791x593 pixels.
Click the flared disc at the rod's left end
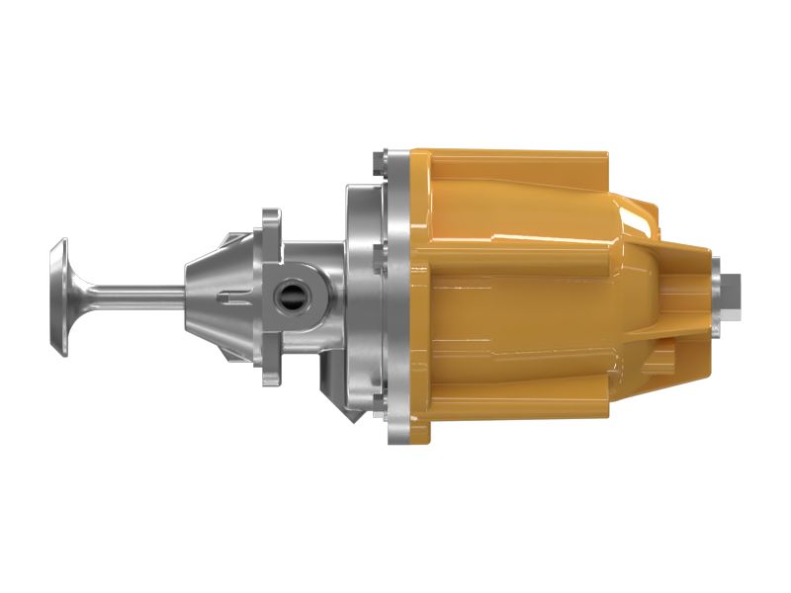coord(59,296)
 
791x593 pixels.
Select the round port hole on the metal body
coord(294,295)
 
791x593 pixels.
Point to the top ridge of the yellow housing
coord(514,157)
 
